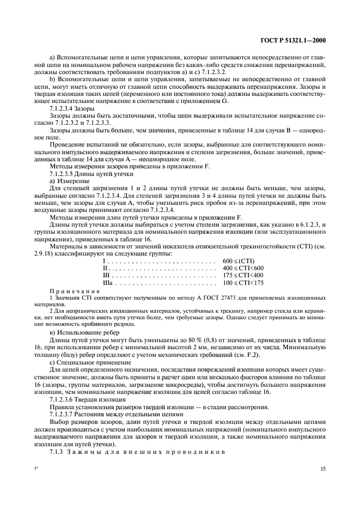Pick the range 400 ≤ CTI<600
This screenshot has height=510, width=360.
click(x=243, y=268)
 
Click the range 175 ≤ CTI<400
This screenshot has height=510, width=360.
click(x=243, y=275)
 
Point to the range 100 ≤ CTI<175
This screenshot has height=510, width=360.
click(x=243, y=282)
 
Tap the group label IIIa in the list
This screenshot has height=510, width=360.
click(x=107, y=282)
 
